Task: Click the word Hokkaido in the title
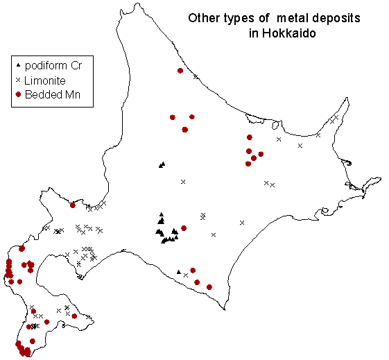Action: click(x=288, y=33)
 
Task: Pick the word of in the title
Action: click(x=263, y=18)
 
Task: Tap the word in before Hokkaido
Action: click(x=254, y=33)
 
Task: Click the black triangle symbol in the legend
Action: click(x=18, y=65)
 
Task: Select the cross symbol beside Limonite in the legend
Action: click(x=18, y=80)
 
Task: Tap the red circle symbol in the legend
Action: click(x=18, y=94)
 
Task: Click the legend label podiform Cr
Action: click(x=53, y=66)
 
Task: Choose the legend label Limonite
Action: click(x=45, y=80)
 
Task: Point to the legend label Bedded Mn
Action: click(x=53, y=95)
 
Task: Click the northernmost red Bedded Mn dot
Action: click(x=180, y=71)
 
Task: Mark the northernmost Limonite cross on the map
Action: click(x=196, y=77)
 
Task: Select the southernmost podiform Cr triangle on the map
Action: click(x=179, y=272)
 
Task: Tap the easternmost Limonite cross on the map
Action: click(x=336, y=117)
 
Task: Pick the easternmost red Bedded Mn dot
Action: click(x=261, y=154)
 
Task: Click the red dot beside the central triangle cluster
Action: click(x=184, y=228)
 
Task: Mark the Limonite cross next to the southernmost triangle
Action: click(x=186, y=275)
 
